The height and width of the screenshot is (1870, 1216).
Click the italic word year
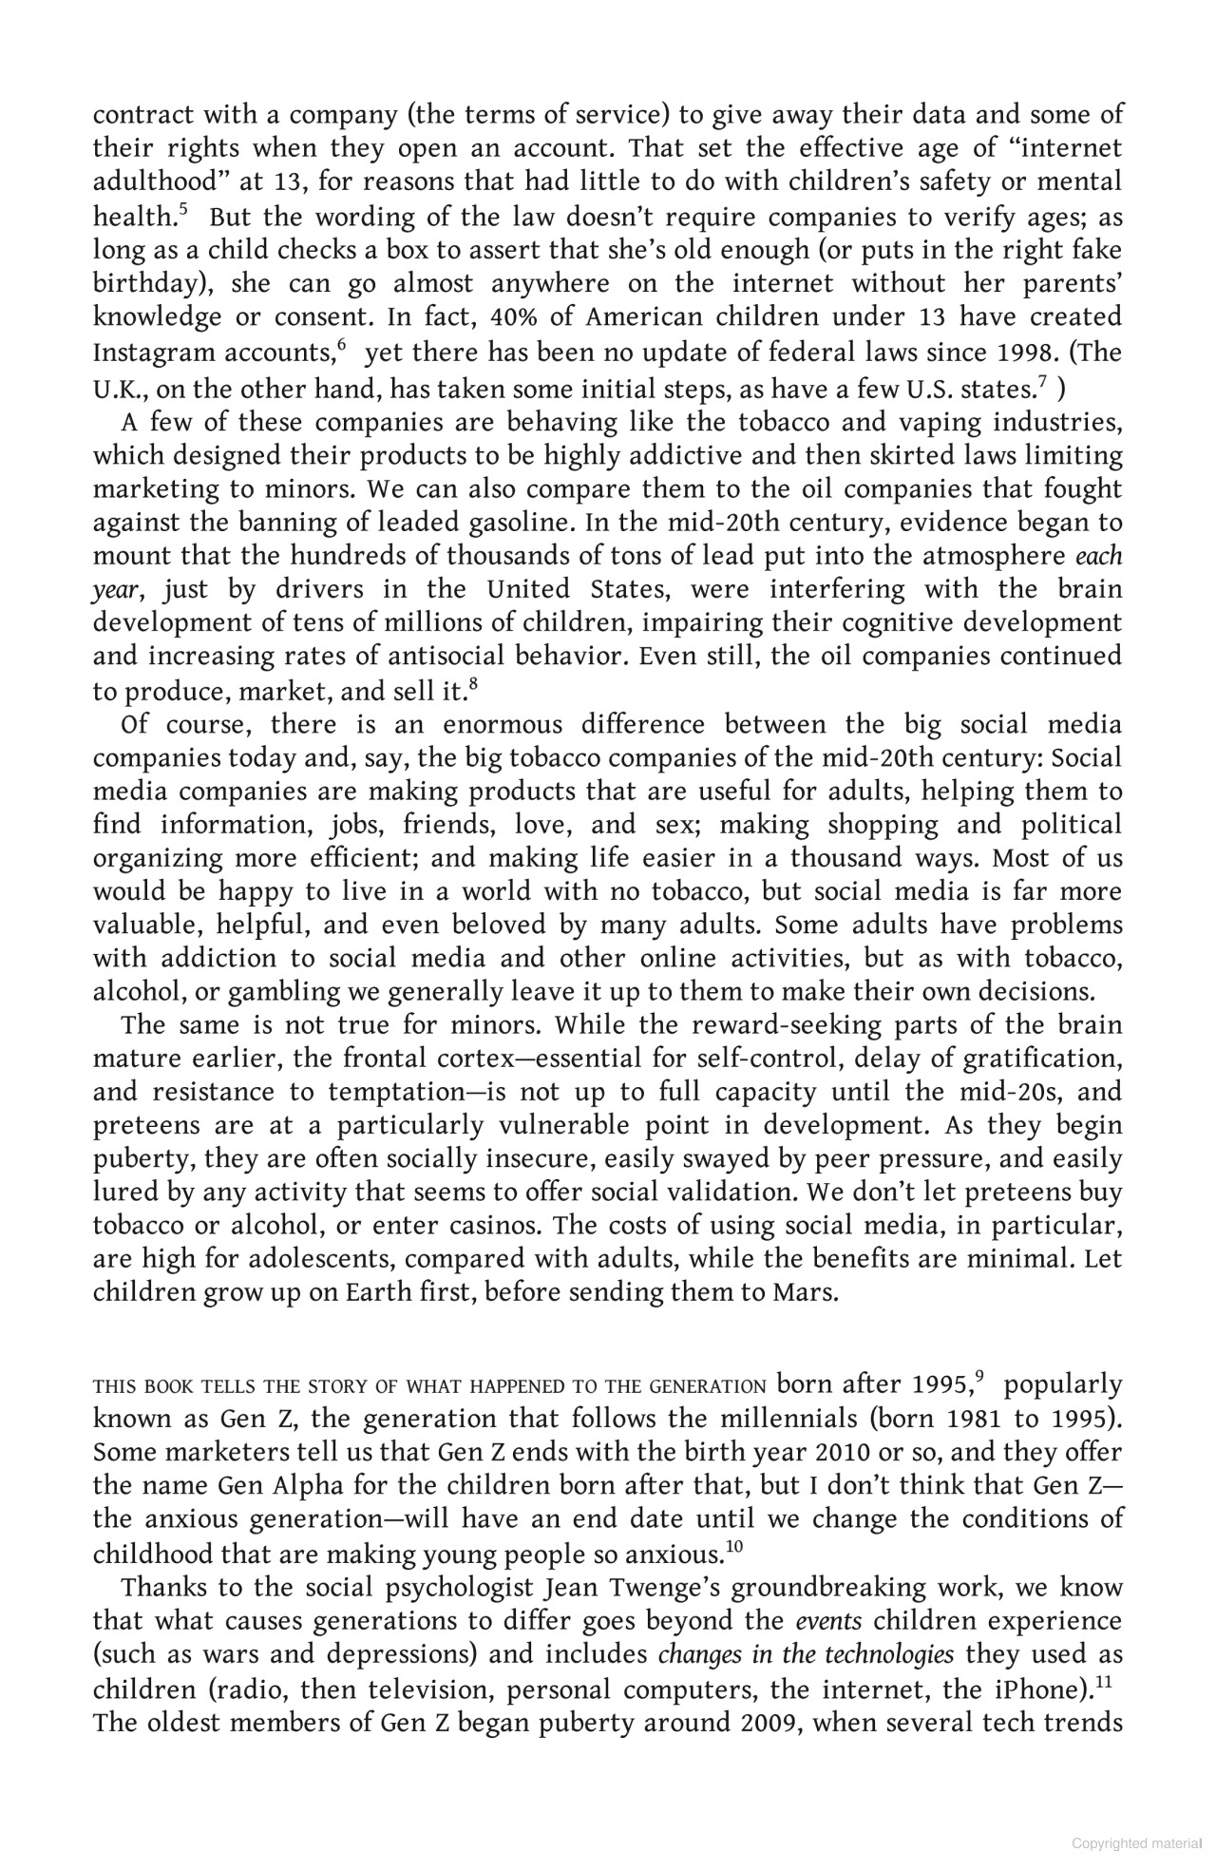116,591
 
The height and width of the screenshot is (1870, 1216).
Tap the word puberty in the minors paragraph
131,1159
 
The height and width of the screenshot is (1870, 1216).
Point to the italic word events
828,1621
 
